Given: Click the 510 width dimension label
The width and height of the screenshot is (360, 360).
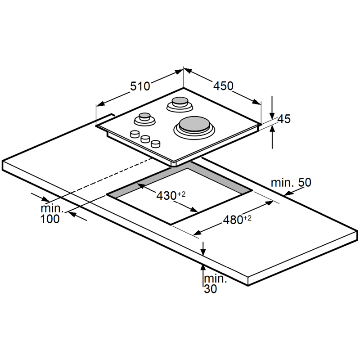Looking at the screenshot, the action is [x=140, y=86].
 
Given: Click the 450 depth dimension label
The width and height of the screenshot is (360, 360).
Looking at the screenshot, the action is [x=223, y=86].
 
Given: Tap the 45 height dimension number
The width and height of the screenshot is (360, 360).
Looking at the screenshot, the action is [x=284, y=119].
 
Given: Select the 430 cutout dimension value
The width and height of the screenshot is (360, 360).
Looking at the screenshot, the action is [x=166, y=196].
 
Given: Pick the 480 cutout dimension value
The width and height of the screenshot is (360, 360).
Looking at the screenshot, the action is [x=233, y=220].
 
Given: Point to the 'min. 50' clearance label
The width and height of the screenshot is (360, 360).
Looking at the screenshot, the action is [x=291, y=183].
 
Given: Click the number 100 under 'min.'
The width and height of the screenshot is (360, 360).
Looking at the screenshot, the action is [x=50, y=219].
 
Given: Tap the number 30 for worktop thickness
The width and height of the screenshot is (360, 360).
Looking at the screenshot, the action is [x=210, y=289].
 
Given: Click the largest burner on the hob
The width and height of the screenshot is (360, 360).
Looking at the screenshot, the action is [x=194, y=128].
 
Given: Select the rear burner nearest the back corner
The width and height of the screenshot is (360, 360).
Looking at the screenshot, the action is [x=180, y=104].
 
